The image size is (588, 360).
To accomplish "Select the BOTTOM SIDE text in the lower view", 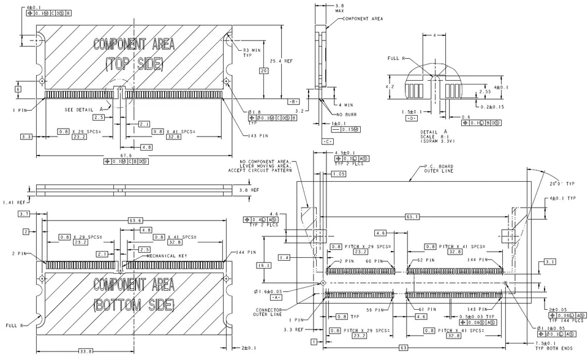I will click(x=134, y=304).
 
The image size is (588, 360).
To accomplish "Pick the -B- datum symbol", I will click(x=293, y=101).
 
